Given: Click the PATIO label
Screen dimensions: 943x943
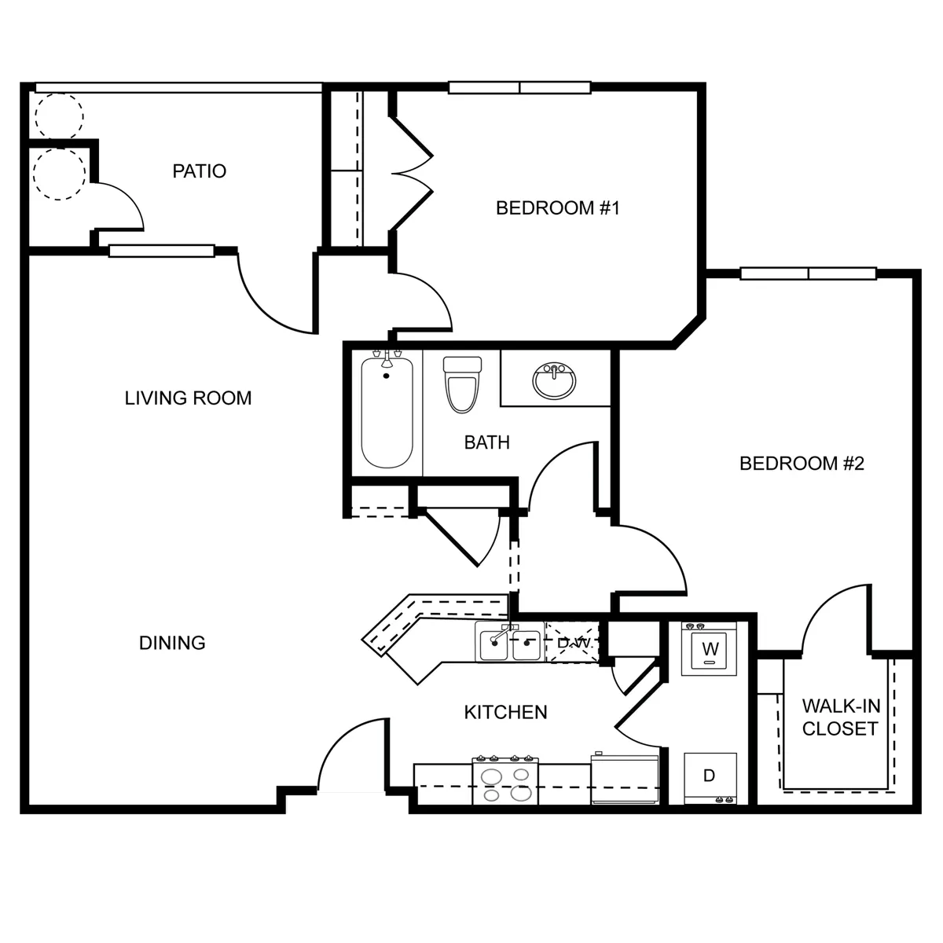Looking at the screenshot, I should (x=200, y=171).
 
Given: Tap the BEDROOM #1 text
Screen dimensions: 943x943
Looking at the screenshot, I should (x=558, y=208).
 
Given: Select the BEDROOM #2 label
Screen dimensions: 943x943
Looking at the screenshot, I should (x=802, y=464).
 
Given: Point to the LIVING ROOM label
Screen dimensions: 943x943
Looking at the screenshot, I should (x=189, y=398).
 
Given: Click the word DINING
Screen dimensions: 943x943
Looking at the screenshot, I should (x=172, y=643).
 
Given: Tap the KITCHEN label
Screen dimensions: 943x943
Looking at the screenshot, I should (x=505, y=713).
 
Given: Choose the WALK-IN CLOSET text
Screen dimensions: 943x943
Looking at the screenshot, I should (x=839, y=717).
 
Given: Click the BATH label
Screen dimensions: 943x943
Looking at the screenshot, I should (x=486, y=442).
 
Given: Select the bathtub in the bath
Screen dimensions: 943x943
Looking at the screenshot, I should (x=387, y=412).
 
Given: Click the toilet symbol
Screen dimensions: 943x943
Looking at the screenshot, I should (x=462, y=384).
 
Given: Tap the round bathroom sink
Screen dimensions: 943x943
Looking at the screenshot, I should (x=554, y=381).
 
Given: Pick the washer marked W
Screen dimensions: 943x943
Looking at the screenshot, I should (x=710, y=650).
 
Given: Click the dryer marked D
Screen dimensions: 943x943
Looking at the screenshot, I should (x=710, y=776).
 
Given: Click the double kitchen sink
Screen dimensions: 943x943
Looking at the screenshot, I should (x=509, y=644).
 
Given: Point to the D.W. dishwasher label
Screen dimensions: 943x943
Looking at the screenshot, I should (x=573, y=643).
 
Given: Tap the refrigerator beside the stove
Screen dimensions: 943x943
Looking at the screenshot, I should (x=625, y=780).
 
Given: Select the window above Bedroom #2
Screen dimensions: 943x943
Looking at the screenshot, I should (x=809, y=273).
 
